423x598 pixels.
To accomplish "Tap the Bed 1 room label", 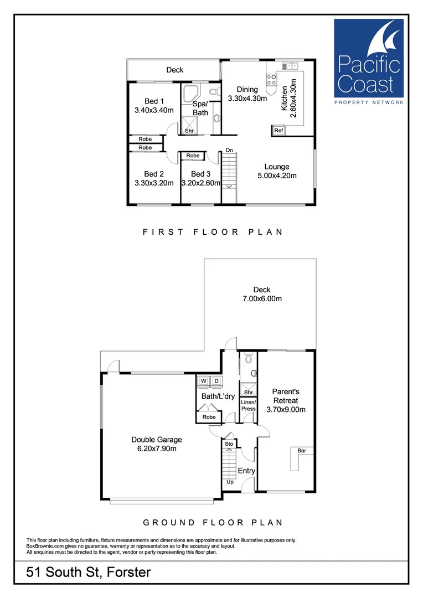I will click(x=154, y=101).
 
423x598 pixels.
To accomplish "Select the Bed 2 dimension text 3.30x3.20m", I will click(x=154, y=183).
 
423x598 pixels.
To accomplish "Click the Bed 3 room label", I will click(x=201, y=174).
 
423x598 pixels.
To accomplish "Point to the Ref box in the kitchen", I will click(x=278, y=131).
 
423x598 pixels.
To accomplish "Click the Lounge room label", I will click(x=276, y=167).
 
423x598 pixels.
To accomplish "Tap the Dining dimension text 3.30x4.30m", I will click(x=247, y=99).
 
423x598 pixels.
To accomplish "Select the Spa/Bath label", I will click(x=200, y=109).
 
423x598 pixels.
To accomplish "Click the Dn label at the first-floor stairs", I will click(x=229, y=151).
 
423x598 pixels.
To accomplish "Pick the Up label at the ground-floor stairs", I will click(x=229, y=482).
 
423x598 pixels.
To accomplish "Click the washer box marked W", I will click(x=203, y=381).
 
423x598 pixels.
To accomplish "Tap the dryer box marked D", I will click(x=216, y=381).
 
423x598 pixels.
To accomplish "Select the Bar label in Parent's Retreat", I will click(x=302, y=451).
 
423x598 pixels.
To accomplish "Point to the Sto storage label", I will click(x=229, y=444).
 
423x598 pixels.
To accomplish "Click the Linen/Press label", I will click(x=249, y=405).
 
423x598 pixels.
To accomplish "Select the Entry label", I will click(x=246, y=471).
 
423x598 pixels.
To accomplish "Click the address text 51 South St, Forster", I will click(x=89, y=572).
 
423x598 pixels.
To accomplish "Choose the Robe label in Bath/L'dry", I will click(x=209, y=417).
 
